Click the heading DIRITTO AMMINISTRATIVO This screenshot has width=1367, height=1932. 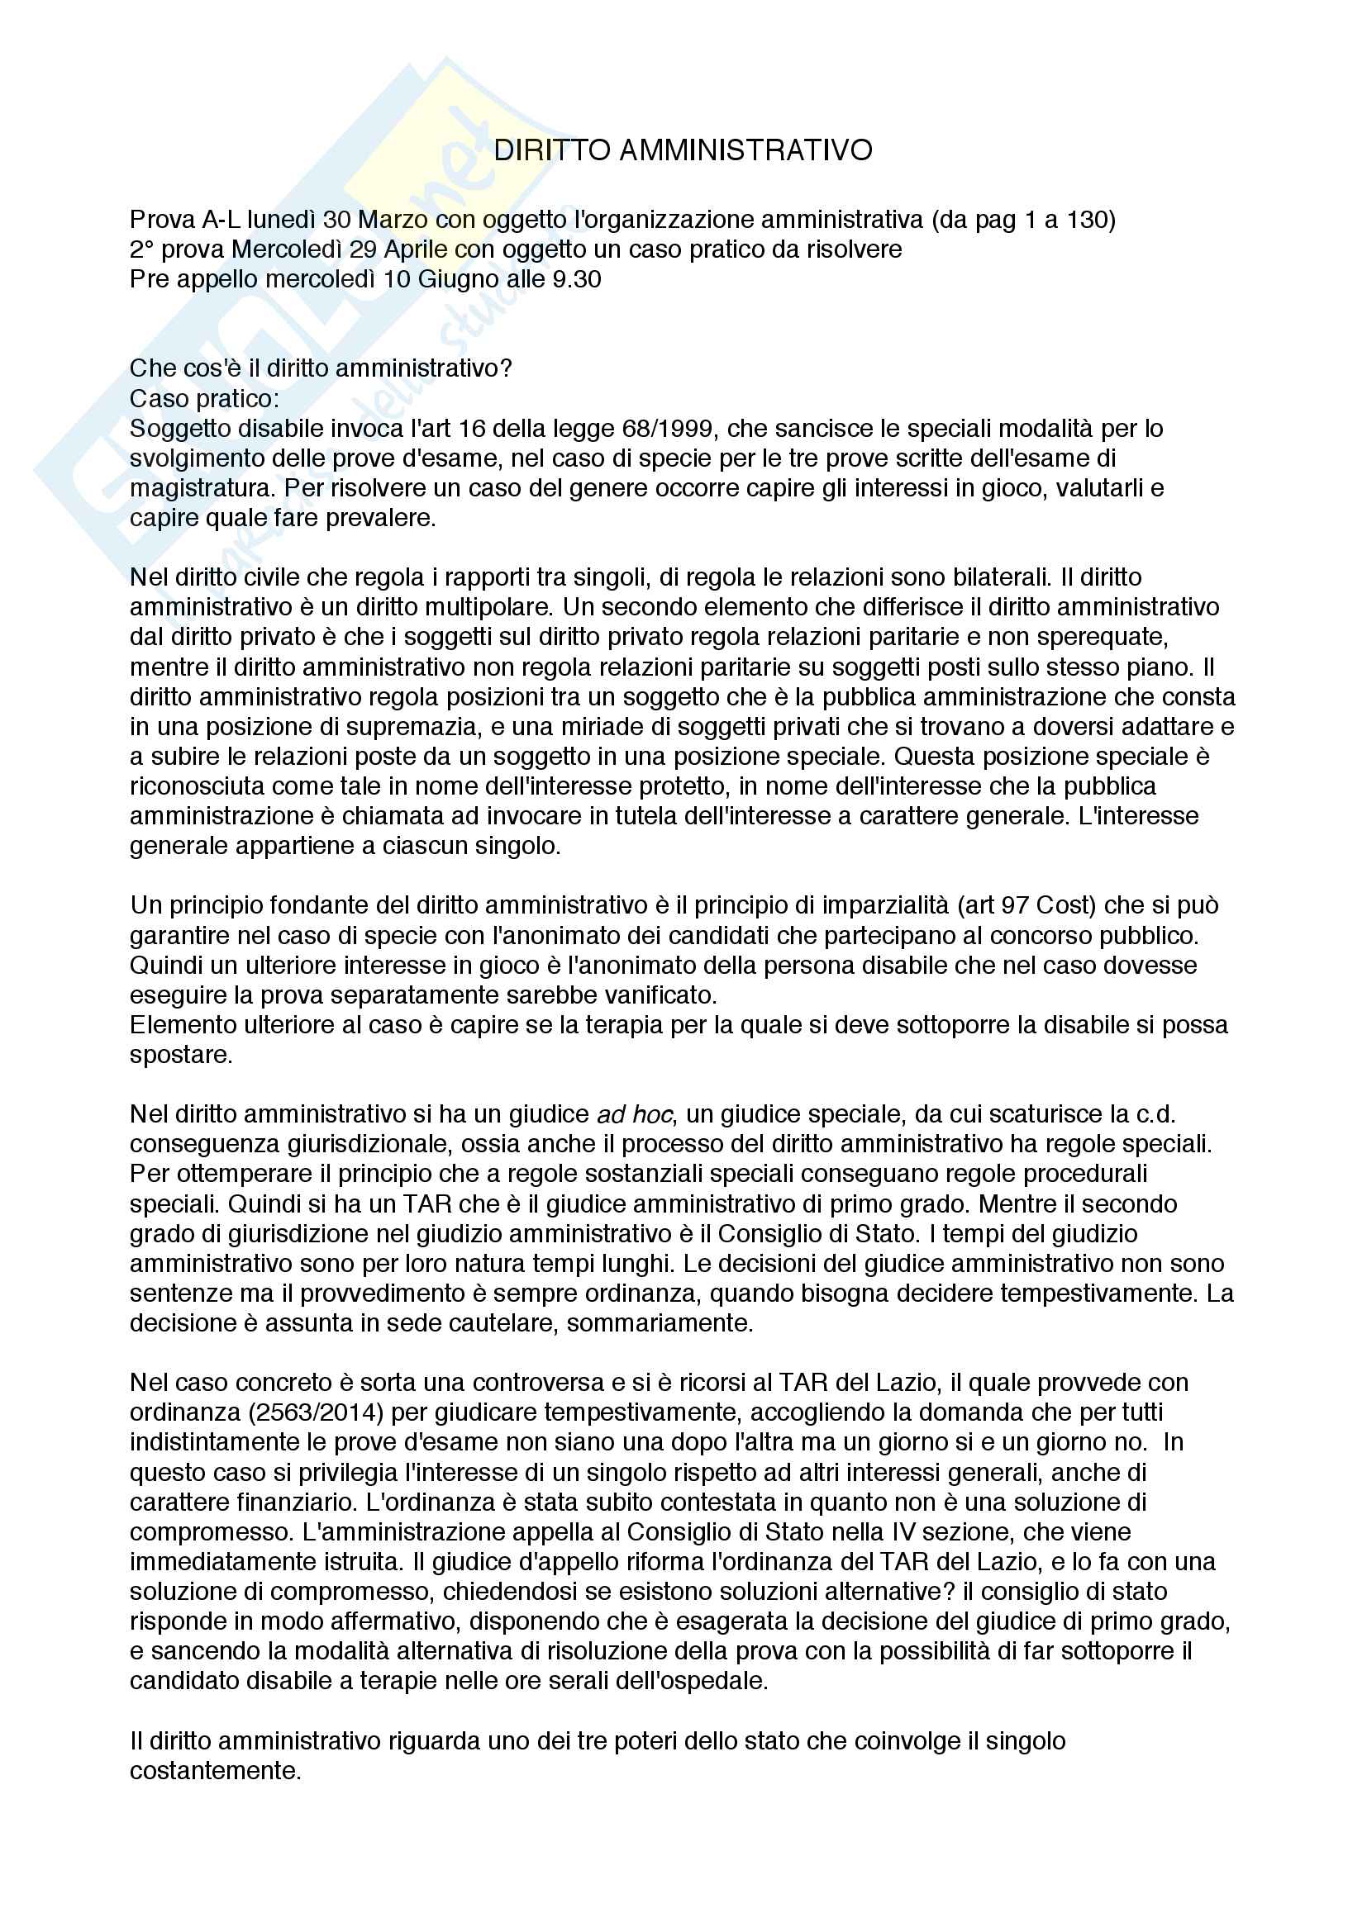click(683, 150)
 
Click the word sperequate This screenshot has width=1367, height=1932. click(1100, 637)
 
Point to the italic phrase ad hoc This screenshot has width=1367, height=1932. click(635, 1114)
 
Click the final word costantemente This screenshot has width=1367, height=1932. click(215, 1770)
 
